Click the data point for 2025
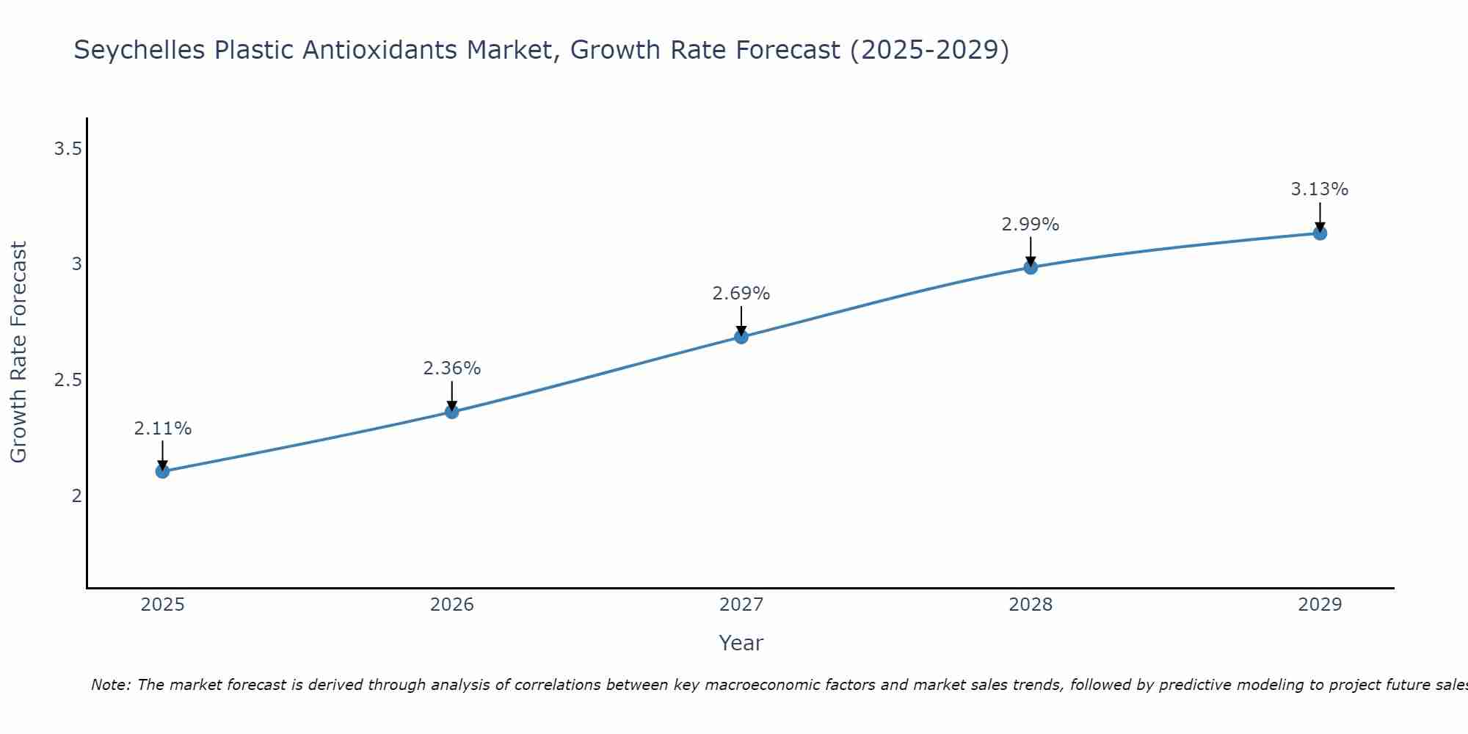[x=162, y=471]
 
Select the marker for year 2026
[x=452, y=412]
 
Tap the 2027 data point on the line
[x=741, y=337]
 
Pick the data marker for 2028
[x=1031, y=267]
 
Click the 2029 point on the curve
[x=1320, y=233]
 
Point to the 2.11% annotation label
[x=162, y=429]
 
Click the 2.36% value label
[x=452, y=368]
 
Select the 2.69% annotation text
[x=741, y=294]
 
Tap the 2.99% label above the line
[x=1031, y=225]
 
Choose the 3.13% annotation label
[x=1320, y=189]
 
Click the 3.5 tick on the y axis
[x=68, y=150]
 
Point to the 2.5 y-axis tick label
[x=68, y=380]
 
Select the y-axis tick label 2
[x=76, y=496]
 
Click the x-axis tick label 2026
[x=452, y=605]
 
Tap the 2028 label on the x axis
[x=1031, y=605]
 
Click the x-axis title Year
[x=741, y=643]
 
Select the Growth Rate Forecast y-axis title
[x=19, y=352]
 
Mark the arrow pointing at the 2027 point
[x=741, y=321]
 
